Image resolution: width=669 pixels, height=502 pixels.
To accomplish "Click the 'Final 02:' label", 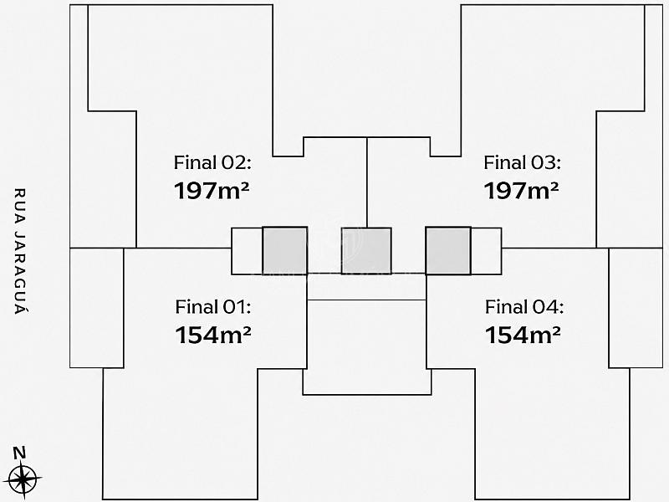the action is (212, 162).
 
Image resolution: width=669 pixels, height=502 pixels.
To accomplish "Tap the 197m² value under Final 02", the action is (212, 191).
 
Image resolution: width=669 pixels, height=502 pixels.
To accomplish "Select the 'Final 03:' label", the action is (522, 162).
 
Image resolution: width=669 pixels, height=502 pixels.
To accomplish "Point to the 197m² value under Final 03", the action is (521, 191).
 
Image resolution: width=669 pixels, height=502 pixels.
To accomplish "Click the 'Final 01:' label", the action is (213, 307).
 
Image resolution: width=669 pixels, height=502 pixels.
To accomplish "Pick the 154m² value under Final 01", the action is (213, 335).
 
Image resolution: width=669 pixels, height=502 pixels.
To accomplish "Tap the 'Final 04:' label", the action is (524, 307).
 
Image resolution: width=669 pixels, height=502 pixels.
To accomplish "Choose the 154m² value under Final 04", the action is (523, 335).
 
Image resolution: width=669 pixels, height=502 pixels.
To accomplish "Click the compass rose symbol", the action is (24, 479).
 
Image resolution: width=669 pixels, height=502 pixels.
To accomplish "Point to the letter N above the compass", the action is (19, 453).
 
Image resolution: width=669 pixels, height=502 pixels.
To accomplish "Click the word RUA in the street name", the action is (20, 203).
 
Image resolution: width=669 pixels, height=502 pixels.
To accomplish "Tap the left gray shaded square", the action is (284, 250).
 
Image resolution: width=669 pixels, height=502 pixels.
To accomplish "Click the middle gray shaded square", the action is (366, 251).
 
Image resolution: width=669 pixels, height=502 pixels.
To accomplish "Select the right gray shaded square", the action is (448, 250).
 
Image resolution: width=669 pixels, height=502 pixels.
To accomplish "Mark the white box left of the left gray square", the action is (247, 251).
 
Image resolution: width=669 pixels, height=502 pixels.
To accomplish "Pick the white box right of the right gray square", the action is (486, 251).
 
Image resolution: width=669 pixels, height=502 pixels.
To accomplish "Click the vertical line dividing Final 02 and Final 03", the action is (367, 182).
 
